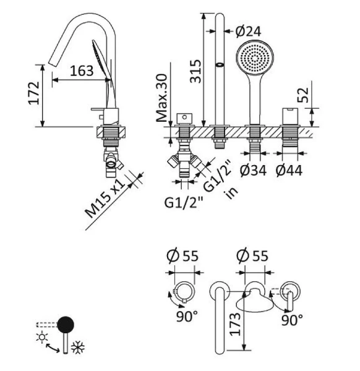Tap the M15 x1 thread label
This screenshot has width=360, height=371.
click(105, 203)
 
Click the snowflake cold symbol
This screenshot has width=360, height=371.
click(79, 348)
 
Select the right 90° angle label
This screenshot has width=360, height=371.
click(292, 320)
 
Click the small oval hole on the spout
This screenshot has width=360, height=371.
click(218, 64)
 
